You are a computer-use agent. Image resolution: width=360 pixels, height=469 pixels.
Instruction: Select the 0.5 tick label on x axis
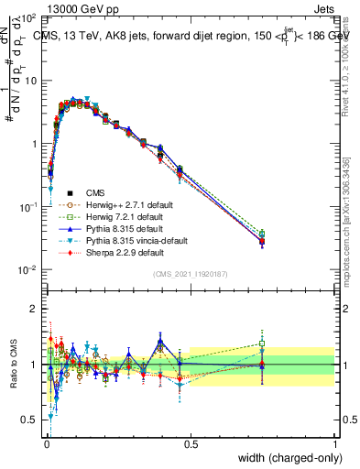pos(191,443)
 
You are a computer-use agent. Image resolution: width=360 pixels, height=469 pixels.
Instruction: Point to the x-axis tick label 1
pos(335,443)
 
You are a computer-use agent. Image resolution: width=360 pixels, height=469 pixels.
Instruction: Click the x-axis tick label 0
pos(46,443)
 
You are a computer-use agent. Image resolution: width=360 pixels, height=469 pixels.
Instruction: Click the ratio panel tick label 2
pos(34,309)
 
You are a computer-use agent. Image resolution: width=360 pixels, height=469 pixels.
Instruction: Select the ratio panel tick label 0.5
pos(29,420)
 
